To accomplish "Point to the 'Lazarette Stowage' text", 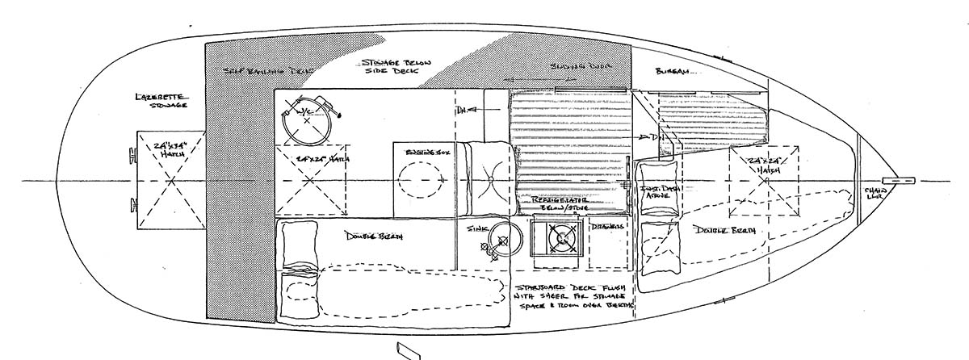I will point(162,100).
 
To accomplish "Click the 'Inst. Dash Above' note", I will point(661,195).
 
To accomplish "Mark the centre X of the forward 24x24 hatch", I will point(762,182).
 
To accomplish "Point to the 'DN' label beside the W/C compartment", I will point(462,109).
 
